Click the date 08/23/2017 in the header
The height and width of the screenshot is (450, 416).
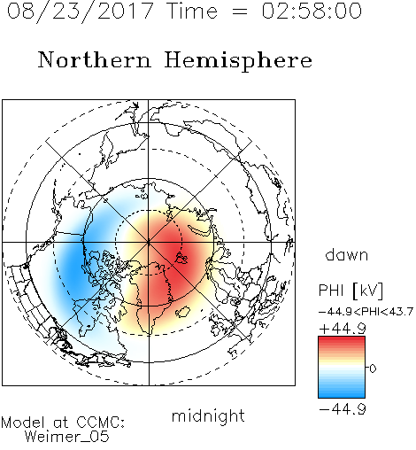(x=81, y=12)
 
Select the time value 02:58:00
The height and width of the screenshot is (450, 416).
(x=312, y=11)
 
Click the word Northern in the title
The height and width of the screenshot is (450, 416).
(x=95, y=59)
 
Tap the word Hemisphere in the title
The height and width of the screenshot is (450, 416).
(x=238, y=61)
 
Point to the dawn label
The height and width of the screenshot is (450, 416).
(x=347, y=254)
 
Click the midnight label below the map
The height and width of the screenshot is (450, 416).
(x=208, y=415)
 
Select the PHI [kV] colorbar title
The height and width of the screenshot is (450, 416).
(x=351, y=291)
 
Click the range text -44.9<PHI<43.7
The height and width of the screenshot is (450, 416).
(x=366, y=312)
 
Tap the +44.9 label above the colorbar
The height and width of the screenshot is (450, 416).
(x=343, y=329)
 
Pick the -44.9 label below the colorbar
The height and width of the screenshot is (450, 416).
(x=343, y=409)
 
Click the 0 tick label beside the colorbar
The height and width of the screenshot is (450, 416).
(x=373, y=369)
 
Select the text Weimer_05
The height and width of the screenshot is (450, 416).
(x=67, y=436)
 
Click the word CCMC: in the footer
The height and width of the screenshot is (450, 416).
(x=100, y=423)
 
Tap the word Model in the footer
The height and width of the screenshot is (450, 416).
(x=22, y=423)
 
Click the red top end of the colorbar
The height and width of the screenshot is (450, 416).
(x=342, y=338)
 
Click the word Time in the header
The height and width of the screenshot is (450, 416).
(x=192, y=11)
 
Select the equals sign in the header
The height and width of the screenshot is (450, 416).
(x=239, y=12)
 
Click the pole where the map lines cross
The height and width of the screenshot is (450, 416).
(x=149, y=243)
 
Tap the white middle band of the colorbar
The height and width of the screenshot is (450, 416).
(x=342, y=369)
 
